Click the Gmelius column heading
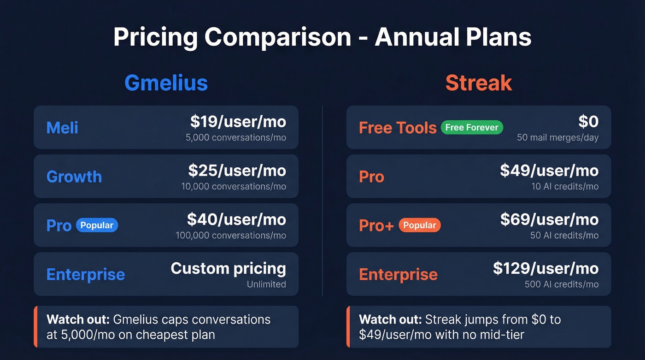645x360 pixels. pos(166,83)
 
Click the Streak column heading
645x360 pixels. pos(478,83)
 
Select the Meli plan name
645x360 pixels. pos(62,128)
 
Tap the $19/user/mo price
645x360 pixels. pos(238,122)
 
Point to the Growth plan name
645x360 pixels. pos(74,177)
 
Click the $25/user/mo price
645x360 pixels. pos(237,171)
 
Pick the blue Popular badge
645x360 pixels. pos(97,225)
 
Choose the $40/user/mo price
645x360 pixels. pos(236,219)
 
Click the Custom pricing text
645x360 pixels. pos(228,268)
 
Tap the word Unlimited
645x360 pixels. pos(266,284)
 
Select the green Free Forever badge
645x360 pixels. pos(472,128)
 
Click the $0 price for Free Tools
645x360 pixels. pos(588,122)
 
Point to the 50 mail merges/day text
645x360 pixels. pos(557,138)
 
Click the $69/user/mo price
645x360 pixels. pos(549,219)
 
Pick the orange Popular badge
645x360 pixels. pos(419,225)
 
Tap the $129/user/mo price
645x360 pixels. pos(545,268)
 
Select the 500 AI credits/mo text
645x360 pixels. pos(561,284)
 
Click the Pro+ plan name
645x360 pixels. pos(376,225)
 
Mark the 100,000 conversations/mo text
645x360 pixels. pos(230,236)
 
